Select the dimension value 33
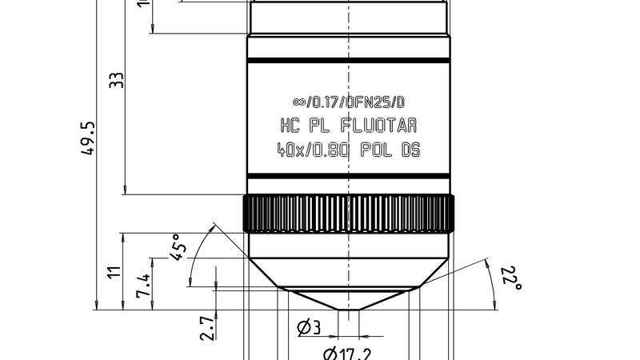click(x=117, y=81)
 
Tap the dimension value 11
click(x=114, y=272)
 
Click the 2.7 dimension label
click(x=206, y=328)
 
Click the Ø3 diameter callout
click(x=309, y=326)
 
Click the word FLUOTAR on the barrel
click(x=379, y=126)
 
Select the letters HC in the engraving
click(x=289, y=126)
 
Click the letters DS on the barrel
click(x=410, y=150)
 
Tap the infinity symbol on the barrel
click(x=299, y=102)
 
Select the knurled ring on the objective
click(x=349, y=214)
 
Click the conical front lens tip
click(x=349, y=301)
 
